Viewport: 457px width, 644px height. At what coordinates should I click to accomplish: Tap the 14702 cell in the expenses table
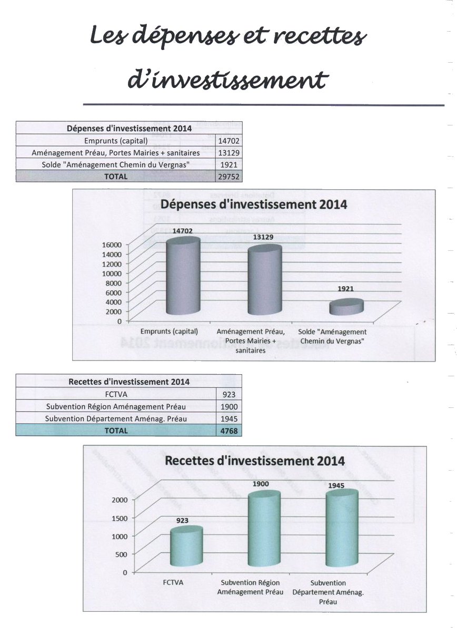pyautogui.click(x=228, y=141)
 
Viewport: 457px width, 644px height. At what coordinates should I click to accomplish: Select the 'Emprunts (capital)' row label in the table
pyautogui.click(x=116, y=141)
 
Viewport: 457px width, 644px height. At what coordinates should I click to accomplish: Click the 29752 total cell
pyautogui.click(x=228, y=176)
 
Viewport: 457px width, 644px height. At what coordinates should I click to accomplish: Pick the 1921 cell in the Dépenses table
pyautogui.click(x=228, y=165)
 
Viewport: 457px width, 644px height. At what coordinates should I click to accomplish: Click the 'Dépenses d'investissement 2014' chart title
pyautogui.click(x=254, y=204)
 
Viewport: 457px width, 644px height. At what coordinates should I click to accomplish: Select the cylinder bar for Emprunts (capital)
pyautogui.click(x=183, y=276)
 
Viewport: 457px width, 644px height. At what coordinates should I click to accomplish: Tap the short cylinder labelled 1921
pyautogui.click(x=346, y=307)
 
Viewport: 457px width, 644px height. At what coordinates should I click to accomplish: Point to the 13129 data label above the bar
pyautogui.click(x=263, y=238)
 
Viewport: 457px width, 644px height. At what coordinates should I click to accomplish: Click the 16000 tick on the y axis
pyautogui.click(x=112, y=245)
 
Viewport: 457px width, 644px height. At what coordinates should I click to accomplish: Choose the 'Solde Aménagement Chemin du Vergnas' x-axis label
pyautogui.click(x=332, y=336)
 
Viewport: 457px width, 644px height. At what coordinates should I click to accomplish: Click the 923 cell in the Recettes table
pyautogui.click(x=228, y=394)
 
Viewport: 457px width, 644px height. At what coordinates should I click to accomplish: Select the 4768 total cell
pyautogui.click(x=228, y=431)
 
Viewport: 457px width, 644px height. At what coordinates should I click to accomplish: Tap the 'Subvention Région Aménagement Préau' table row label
pyautogui.click(x=116, y=406)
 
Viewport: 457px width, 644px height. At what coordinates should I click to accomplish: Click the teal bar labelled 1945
pyautogui.click(x=342, y=528)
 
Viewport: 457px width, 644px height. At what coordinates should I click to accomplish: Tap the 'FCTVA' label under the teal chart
pyautogui.click(x=173, y=582)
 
